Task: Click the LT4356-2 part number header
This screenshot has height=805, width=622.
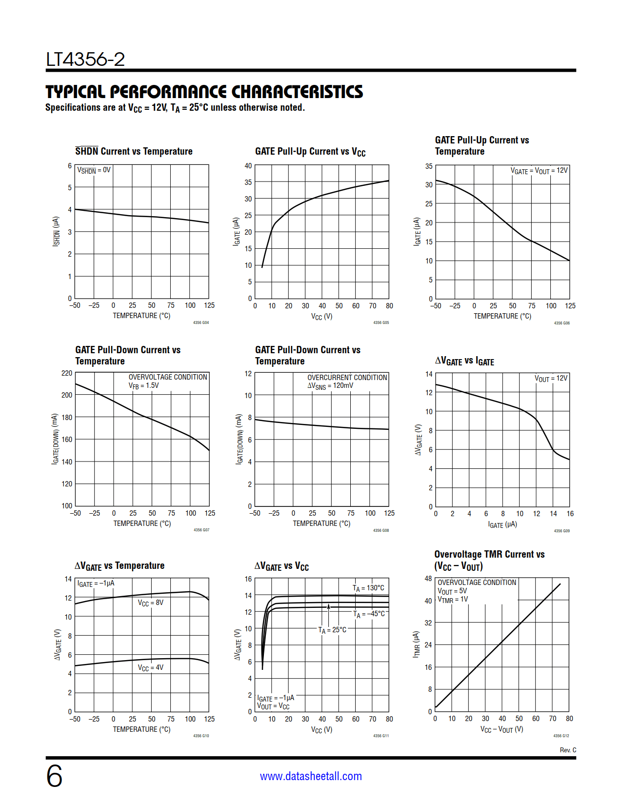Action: [x=85, y=60]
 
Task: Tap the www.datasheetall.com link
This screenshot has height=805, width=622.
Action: [x=311, y=776]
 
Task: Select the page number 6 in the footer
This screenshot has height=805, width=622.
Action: [x=54, y=776]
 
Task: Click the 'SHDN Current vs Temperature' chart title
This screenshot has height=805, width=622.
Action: [x=134, y=151]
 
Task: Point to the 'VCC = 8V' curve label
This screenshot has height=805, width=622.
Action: [x=150, y=603]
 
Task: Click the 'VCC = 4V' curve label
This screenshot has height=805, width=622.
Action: [x=150, y=667]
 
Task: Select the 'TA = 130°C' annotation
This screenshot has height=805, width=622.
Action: [x=368, y=588]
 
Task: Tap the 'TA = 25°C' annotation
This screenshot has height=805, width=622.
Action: [x=332, y=630]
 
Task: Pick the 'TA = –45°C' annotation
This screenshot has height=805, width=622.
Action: [x=369, y=614]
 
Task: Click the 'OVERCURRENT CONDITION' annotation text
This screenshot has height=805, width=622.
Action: [x=347, y=377]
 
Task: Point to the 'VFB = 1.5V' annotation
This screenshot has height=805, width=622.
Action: [x=143, y=385]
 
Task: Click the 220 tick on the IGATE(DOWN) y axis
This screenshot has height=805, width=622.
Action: [x=67, y=373]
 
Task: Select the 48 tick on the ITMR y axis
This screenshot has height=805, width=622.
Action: [x=428, y=579]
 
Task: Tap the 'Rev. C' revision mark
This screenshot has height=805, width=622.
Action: [x=568, y=750]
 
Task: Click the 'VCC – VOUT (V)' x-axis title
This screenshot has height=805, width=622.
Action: [x=502, y=729]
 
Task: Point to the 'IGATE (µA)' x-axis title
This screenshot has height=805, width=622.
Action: [x=502, y=524]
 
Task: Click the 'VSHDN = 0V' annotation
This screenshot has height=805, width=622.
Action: [x=94, y=170]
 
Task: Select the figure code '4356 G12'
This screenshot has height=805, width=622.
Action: [x=561, y=736]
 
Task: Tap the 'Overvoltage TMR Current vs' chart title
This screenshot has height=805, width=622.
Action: [x=489, y=554]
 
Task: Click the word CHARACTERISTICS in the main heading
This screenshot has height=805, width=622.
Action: [x=297, y=92]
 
